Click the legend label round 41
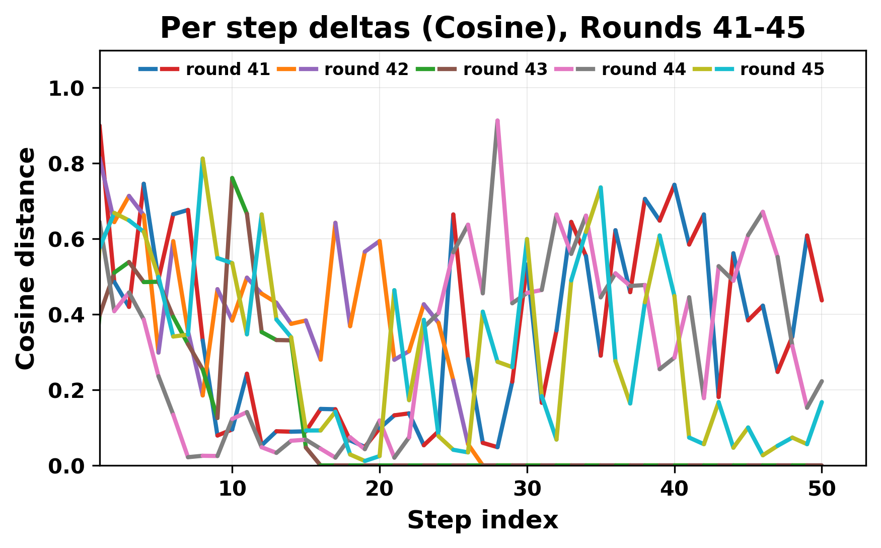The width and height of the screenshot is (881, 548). pyautogui.click(x=228, y=70)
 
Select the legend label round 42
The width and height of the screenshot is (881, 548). pyautogui.click(x=366, y=70)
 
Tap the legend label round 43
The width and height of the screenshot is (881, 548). pyautogui.click(x=505, y=70)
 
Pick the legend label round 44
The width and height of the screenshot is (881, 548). pyautogui.click(x=643, y=70)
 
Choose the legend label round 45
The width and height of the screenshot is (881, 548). pyautogui.click(x=782, y=70)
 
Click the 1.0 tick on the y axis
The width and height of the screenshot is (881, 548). pyautogui.click(x=65, y=89)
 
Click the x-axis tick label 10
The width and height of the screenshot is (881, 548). pyautogui.click(x=232, y=489)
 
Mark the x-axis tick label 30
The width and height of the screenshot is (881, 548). pyautogui.click(x=527, y=489)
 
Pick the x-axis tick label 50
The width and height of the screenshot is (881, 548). pyautogui.click(x=822, y=489)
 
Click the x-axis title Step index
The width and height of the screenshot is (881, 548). pyautogui.click(x=483, y=520)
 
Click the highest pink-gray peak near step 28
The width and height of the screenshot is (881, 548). pyautogui.click(x=497, y=120)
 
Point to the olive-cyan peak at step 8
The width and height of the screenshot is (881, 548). pyautogui.click(x=202, y=159)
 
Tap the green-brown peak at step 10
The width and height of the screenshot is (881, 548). pyautogui.click(x=232, y=178)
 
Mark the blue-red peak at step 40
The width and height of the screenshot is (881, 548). pyautogui.click(x=674, y=185)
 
